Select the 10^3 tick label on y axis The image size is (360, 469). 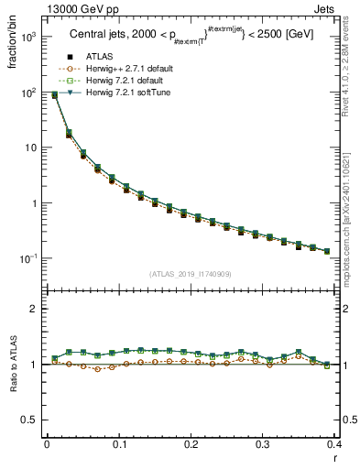point(30,38)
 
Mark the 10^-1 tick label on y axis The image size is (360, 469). point(30,259)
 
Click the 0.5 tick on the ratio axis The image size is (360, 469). point(30,420)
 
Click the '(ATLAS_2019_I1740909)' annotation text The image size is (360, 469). point(190,274)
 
